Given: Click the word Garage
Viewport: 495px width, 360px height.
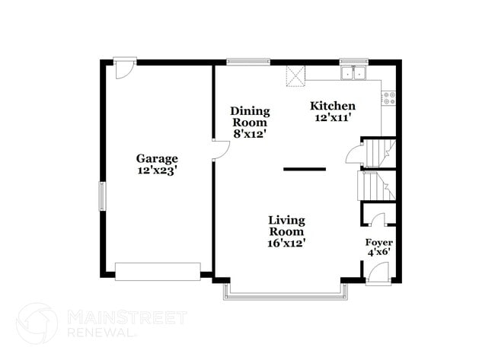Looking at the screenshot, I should (157, 158).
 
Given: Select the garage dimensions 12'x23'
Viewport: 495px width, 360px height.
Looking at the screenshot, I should (157, 170).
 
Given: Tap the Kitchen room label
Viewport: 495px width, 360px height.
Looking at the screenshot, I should (331, 106).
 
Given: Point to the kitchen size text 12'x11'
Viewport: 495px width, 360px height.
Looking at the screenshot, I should (331, 118).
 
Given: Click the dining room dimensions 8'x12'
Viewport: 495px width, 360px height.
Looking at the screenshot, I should (250, 134).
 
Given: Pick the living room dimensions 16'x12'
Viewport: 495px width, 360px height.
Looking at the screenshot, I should (286, 244).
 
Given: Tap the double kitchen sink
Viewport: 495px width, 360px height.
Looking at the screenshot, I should (353, 74).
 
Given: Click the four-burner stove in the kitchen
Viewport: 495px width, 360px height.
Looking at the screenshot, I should (389, 97).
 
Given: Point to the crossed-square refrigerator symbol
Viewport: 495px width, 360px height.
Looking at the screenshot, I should (295, 76).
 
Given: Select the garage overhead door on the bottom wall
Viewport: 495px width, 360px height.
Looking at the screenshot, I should (158, 271).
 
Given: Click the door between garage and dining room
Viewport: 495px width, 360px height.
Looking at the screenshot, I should (220, 150).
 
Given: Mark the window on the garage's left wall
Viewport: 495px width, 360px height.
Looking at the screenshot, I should (102, 196).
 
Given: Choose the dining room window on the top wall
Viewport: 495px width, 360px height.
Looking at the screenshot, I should (248, 62).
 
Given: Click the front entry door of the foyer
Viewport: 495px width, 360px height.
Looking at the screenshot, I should (378, 272).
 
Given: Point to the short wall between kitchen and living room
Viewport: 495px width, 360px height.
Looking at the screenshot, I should (305, 169).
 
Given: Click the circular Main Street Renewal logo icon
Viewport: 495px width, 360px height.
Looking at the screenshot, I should (37, 323).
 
